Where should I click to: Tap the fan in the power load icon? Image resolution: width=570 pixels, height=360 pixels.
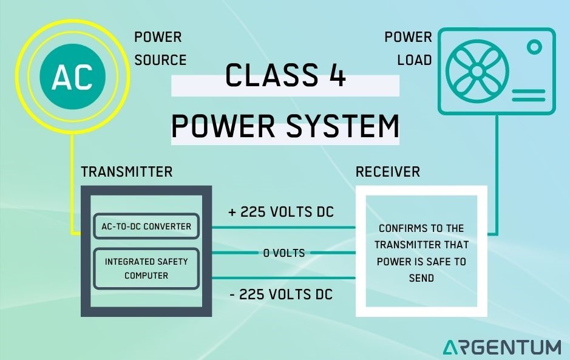coord(477,71)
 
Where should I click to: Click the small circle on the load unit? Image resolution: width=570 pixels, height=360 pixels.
coord(534,47)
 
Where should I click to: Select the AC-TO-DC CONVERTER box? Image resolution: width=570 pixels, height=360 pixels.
coord(146,226)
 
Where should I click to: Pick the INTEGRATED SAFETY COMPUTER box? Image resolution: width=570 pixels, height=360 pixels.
coord(146,268)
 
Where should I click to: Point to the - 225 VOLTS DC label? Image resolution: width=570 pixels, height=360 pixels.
coord(281,294)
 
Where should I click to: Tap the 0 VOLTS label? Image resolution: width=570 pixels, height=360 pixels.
coord(284,253)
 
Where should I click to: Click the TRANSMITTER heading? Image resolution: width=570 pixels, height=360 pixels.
coord(127,172)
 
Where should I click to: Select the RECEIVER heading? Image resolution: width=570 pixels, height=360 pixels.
coord(387,172)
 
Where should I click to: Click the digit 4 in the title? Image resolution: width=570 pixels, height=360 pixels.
coord(338,76)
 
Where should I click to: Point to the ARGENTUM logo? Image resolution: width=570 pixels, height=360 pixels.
coord(501,347)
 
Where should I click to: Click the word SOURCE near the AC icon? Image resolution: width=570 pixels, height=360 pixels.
coord(160,60)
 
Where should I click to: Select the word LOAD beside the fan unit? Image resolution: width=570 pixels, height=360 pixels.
coord(415,60)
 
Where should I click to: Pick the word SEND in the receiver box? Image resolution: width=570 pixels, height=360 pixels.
coord(421,278)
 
